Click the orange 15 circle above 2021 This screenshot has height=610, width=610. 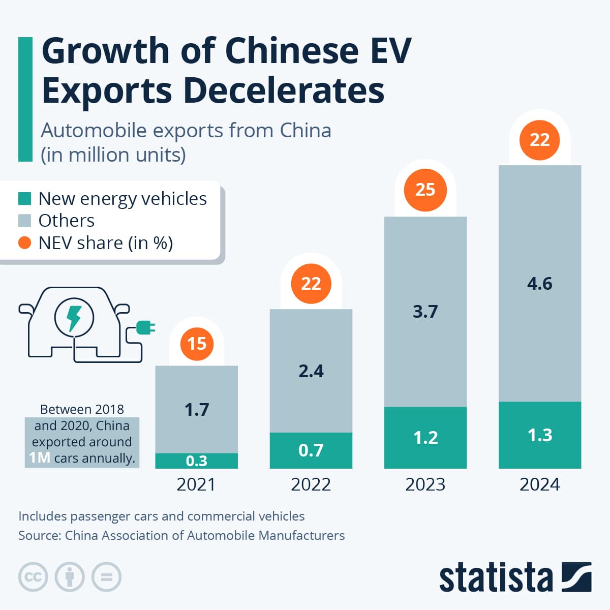click(197, 344)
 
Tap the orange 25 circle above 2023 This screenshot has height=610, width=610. click(425, 190)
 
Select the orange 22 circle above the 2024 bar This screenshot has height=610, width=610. click(539, 140)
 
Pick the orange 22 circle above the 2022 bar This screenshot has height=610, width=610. click(311, 284)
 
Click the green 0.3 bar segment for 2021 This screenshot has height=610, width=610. click(196, 461)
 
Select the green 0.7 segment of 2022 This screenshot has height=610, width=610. click(311, 450)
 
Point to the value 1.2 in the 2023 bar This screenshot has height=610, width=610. click(425, 438)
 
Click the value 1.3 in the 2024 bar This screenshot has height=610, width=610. click(539, 435)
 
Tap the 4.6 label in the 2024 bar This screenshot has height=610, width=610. click(539, 284)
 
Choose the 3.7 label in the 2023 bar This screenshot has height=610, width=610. click(425, 311)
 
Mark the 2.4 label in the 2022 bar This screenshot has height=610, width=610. click(311, 371)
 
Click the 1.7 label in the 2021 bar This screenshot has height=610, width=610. click(197, 409)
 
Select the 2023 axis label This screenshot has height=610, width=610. click(425, 484)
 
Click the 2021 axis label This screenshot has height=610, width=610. click(196, 484)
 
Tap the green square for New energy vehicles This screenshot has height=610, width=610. click(25, 198)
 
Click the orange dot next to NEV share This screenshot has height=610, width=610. click(25, 243)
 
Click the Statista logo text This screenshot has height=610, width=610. click(496, 577)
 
